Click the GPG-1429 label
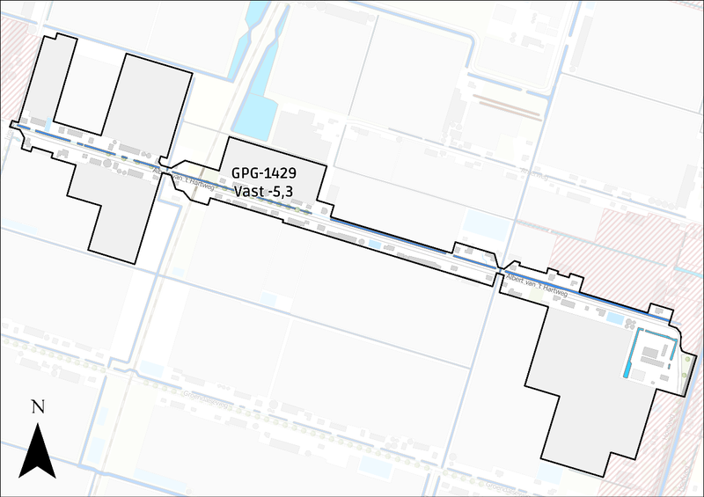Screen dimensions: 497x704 tap(263, 174)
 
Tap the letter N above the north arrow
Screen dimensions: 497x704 tap(37, 406)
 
